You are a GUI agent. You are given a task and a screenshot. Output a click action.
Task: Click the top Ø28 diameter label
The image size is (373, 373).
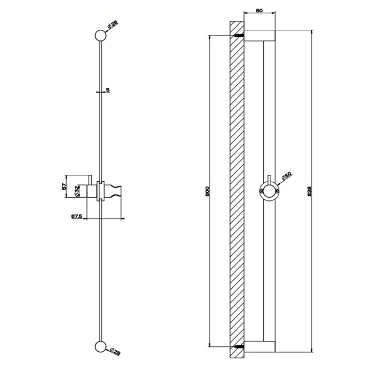point(113,25)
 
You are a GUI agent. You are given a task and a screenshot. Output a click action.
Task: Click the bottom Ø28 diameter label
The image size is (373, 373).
point(116,352)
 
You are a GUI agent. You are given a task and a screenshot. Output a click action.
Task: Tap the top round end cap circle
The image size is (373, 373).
point(100,36)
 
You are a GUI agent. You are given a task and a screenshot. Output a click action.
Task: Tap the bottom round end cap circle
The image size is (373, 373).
point(100,346)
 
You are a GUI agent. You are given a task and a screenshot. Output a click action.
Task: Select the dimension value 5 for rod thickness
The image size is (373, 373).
point(108,90)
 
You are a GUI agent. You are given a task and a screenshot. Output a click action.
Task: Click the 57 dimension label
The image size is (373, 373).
point(64,186)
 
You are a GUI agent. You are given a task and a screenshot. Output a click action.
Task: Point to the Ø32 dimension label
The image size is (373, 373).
point(77,191)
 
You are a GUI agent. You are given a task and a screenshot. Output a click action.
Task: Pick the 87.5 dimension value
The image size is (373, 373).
point(77,216)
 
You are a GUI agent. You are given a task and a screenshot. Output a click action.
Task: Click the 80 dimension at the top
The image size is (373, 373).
point(259,11)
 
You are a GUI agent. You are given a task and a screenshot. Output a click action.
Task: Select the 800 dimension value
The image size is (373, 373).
point(207,191)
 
